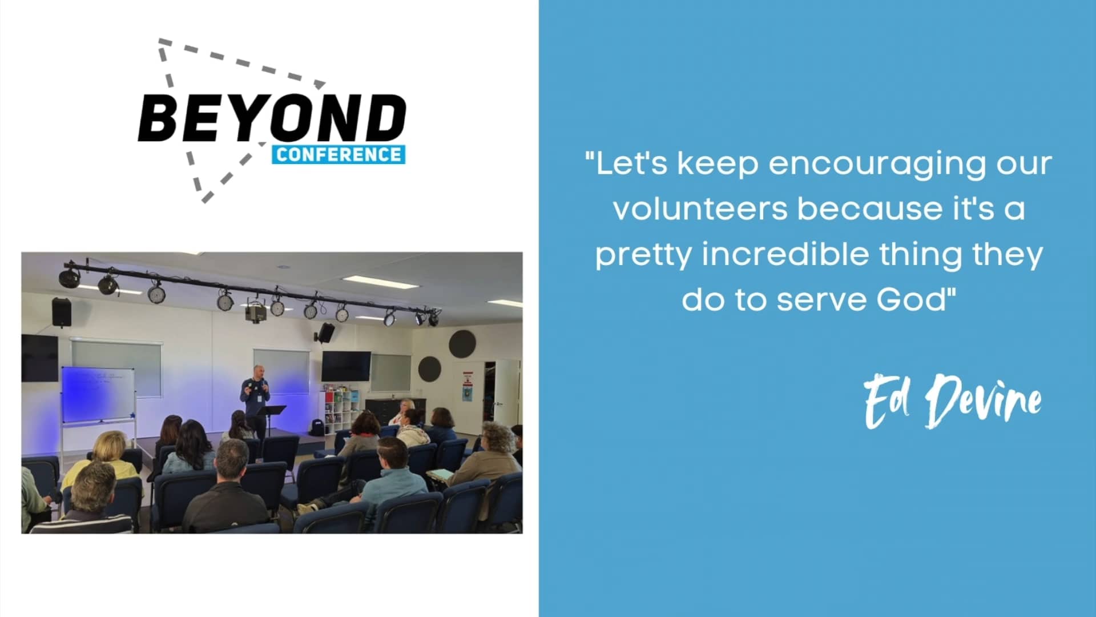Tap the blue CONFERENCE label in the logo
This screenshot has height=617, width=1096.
(339, 155)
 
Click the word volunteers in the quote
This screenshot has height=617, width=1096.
(700, 209)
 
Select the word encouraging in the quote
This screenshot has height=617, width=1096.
(877, 164)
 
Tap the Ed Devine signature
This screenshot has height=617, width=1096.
(952, 402)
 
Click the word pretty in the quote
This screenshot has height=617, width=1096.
(643, 255)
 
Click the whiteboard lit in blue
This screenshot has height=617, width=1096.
(98, 394)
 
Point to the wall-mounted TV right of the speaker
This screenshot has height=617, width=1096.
(346, 366)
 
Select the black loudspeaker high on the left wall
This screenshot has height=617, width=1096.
(61, 312)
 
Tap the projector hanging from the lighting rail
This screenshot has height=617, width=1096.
(256, 312)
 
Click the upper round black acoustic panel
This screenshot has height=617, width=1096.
(462, 344)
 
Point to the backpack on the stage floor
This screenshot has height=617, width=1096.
(316, 427)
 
